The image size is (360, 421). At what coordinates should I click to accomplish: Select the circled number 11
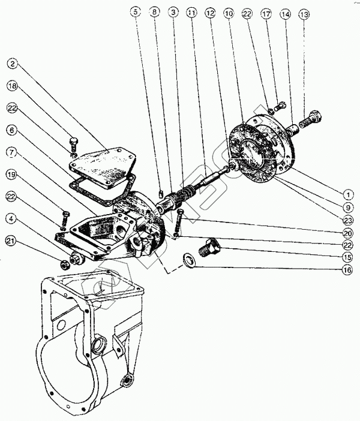coord(190,11)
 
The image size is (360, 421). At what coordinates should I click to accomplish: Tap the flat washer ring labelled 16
coord(188,260)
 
